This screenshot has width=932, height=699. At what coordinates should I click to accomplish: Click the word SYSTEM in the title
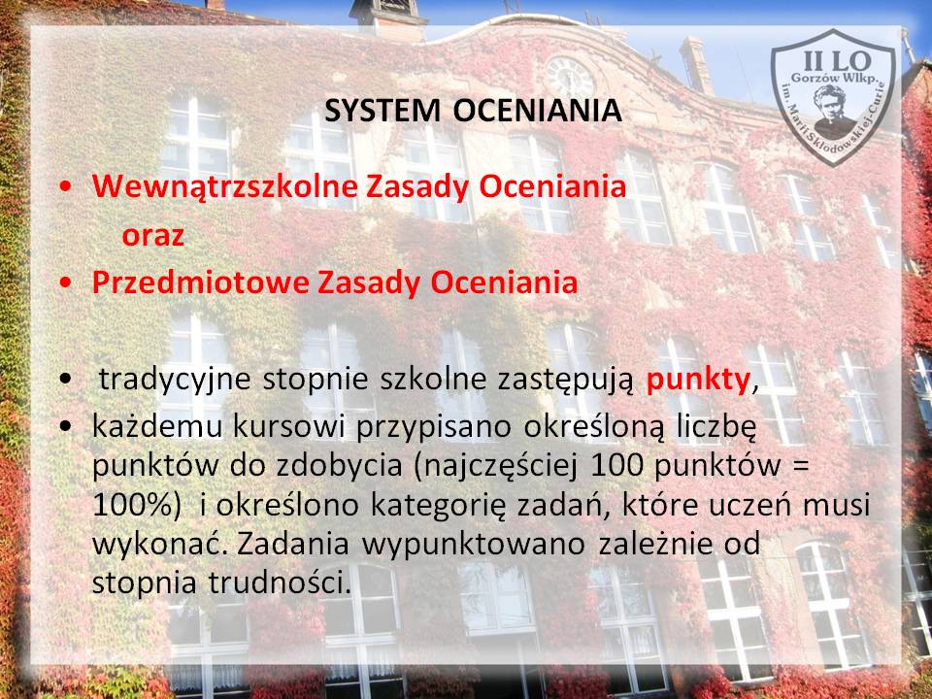click(383, 111)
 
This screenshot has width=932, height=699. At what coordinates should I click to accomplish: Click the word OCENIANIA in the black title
click(537, 111)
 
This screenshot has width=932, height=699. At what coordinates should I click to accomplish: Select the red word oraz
click(152, 236)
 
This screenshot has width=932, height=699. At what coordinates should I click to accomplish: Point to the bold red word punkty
click(698, 381)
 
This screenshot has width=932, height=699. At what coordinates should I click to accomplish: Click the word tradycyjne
click(175, 381)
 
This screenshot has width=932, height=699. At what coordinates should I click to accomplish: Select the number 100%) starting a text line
click(136, 505)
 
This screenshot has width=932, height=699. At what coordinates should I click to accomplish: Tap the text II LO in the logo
click(837, 60)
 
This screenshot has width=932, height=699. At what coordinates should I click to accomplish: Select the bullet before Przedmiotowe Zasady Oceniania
click(66, 283)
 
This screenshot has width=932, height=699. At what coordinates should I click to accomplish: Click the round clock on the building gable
click(570, 78)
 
